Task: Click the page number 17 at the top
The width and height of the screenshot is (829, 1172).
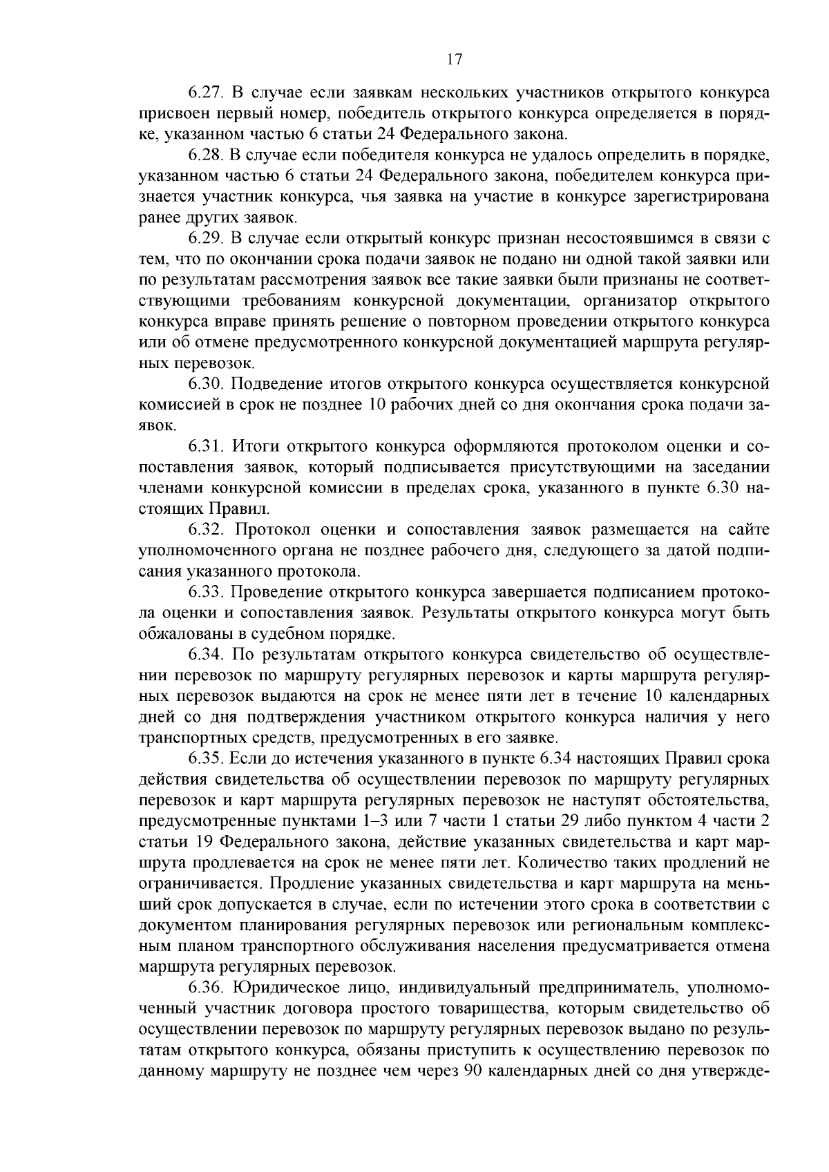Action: tap(453, 59)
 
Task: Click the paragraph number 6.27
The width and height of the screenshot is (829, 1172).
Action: tap(204, 93)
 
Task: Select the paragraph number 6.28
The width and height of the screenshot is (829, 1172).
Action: tap(204, 155)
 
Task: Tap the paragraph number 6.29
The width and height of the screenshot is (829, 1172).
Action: tap(204, 238)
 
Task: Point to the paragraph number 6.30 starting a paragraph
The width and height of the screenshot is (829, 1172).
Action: tap(204, 383)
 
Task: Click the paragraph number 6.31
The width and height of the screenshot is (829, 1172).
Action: tap(204, 446)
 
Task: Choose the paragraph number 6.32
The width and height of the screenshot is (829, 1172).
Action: tap(204, 530)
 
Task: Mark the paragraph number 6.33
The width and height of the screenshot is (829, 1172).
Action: tap(204, 592)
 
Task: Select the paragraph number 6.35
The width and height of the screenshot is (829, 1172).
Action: tap(204, 758)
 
